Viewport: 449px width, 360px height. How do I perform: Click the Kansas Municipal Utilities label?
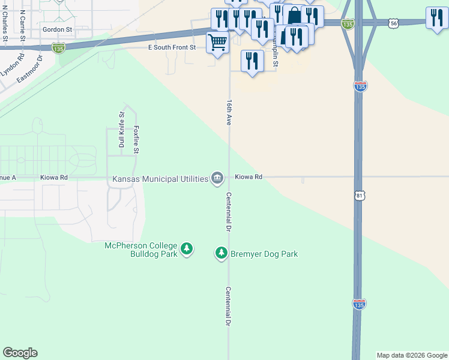tap(160, 179)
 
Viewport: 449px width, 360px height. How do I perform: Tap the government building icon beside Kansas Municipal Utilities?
tap(217, 178)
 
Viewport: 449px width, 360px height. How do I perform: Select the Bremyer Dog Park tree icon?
tap(221, 253)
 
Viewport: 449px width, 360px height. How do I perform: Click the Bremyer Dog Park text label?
tap(265, 254)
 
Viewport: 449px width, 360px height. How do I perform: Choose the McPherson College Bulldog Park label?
tap(141, 250)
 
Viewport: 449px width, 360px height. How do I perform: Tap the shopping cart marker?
tap(217, 43)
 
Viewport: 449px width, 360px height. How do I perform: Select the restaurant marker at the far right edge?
tap(436, 17)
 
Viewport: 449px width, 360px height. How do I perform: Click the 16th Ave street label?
tap(229, 112)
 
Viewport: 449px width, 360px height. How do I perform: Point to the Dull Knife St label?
tap(121, 130)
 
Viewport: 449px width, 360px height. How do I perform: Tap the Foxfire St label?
tap(136, 140)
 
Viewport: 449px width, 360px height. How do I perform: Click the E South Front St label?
tap(172, 47)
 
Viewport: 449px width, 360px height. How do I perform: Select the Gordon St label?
tap(57, 29)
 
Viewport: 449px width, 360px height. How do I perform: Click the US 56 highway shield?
tap(393, 23)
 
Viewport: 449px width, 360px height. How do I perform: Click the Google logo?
tap(20, 353)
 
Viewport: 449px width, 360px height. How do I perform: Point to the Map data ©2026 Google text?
tap(412, 355)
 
